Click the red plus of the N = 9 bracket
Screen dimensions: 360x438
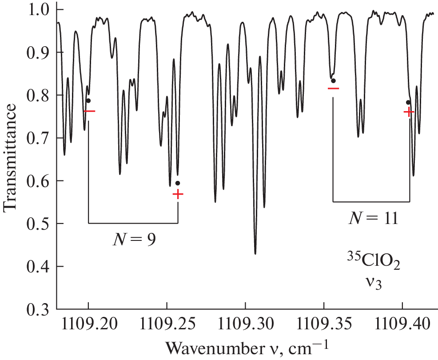tap(178, 194)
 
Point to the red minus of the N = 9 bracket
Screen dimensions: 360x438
tap(89, 111)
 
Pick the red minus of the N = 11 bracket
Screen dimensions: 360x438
tap(333, 88)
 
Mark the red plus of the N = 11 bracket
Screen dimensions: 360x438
tap(409, 112)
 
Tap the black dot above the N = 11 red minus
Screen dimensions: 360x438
tap(333, 80)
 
